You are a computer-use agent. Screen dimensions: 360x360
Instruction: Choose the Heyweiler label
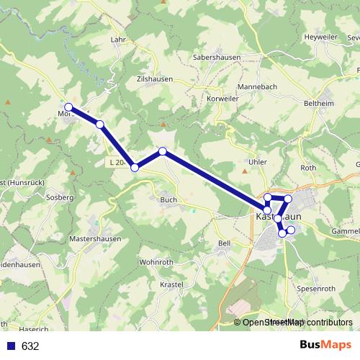pos(320,37)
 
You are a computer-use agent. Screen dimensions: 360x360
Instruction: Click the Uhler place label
pos(257,162)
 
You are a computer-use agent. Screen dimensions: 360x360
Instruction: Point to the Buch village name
pos(168,199)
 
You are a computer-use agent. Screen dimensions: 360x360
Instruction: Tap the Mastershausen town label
pos(95,238)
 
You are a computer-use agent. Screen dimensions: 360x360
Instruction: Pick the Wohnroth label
pos(156,262)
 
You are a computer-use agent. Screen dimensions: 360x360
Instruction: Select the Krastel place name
pos(172,284)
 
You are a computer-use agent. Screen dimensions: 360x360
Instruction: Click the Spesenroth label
pos(316,288)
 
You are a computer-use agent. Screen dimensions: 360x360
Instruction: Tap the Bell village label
pos(223,243)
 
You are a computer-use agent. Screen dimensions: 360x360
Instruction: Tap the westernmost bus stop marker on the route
pos(68,107)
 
